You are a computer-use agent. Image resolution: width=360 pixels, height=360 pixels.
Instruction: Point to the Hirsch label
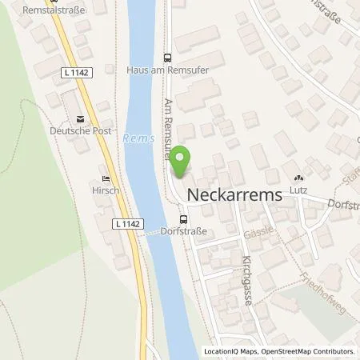(105, 192)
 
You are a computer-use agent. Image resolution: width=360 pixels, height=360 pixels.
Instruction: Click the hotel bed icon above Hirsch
(105, 179)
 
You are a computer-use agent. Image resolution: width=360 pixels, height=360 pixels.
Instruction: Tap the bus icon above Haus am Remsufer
(167, 58)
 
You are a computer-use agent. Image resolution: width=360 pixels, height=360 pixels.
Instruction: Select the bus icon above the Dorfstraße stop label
(184, 219)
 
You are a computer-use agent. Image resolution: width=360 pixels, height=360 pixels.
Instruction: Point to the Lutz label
(298, 192)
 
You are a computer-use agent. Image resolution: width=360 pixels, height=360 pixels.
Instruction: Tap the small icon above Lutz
(298, 179)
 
